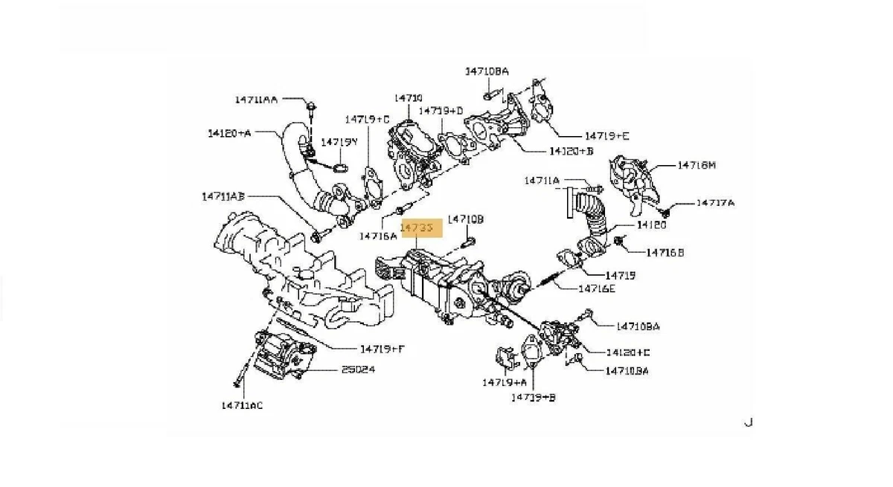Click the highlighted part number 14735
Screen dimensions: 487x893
(x=421, y=227)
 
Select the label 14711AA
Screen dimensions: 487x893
(x=256, y=99)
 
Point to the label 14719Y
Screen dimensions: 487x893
(x=339, y=141)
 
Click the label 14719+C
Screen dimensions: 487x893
(x=367, y=119)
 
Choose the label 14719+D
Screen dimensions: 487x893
(x=441, y=111)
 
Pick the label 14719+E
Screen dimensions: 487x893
(x=606, y=136)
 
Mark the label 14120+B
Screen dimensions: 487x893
(x=571, y=151)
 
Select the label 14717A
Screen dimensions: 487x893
(x=715, y=202)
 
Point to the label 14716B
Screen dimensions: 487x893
(x=665, y=253)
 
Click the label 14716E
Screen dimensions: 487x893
(x=597, y=288)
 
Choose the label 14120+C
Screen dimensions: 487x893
(x=627, y=352)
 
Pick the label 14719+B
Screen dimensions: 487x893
(x=533, y=398)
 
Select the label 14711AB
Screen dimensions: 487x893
(x=223, y=197)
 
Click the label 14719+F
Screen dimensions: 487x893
(x=383, y=348)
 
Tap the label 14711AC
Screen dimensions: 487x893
(x=242, y=405)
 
